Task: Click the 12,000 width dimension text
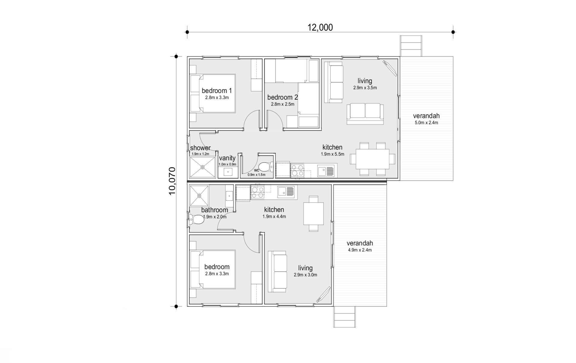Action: tap(320, 27)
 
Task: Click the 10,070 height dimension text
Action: tap(172, 181)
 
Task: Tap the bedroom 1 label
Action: tap(217, 91)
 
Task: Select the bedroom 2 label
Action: tap(283, 97)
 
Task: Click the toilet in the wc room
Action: tap(265, 167)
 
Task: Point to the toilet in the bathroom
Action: tap(196, 219)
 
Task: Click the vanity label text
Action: tap(227, 158)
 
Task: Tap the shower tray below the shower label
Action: tap(202, 167)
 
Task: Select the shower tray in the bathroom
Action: tap(199, 195)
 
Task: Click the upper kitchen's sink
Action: tap(326, 171)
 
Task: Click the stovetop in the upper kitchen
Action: tap(297, 170)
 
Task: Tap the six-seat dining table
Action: tap(372, 159)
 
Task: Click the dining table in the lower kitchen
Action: tap(313, 214)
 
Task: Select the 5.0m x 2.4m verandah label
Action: tap(426, 119)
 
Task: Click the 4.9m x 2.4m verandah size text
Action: tap(360, 250)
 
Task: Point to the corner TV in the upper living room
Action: tap(389, 68)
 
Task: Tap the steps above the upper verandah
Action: tap(411, 46)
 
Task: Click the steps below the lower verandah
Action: tap(345, 317)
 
